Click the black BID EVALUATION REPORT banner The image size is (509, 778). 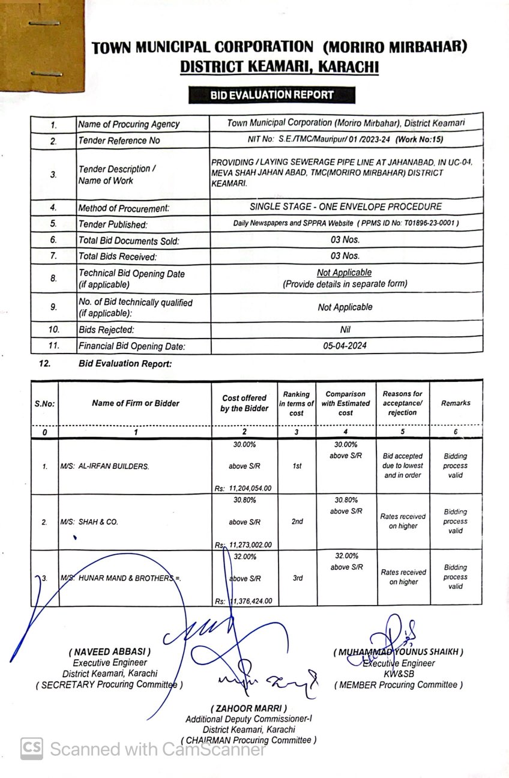click(x=271, y=95)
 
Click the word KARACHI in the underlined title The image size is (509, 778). click(x=348, y=67)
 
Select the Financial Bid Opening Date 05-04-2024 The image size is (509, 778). click(x=345, y=345)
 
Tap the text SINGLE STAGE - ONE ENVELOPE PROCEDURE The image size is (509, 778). click(x=346, y=207)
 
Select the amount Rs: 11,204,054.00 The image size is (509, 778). click(x=242, y=489)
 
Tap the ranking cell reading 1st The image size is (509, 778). click(x=297, y=466)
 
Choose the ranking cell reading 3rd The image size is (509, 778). click(x=297, y=578)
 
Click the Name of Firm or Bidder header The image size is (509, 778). click(x=136, y=403)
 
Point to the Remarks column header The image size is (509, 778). click(x=456, y=403)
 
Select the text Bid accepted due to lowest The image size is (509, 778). click(x=403, y=461)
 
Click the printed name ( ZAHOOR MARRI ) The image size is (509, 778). click(x=248, y=708)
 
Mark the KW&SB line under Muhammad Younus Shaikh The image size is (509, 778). click(x=399, y=674)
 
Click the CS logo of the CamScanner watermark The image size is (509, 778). click(x=32, y=749)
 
